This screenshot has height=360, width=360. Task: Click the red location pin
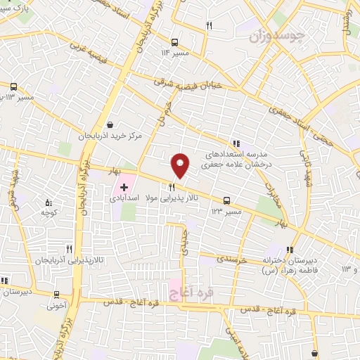tap(181, 165)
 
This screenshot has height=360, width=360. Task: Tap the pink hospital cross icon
tap(124, 187)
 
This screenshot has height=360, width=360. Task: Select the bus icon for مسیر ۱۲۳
tap(226, 200)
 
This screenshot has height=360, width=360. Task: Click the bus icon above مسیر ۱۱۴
tap(174, 41)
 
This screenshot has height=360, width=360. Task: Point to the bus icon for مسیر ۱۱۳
tap(13, 86)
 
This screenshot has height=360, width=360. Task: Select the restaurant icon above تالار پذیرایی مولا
tap(172, 187)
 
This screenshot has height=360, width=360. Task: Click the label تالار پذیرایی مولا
tap(172, 199)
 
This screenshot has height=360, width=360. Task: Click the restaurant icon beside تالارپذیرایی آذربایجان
tap(69, 248)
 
